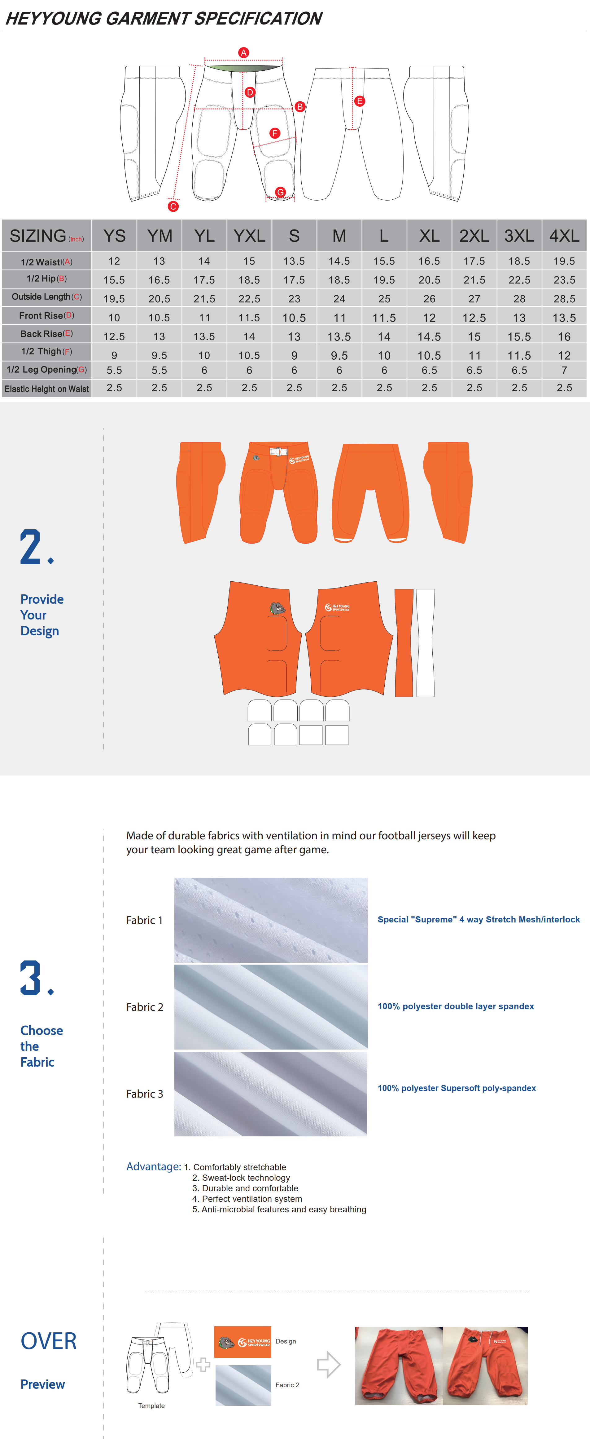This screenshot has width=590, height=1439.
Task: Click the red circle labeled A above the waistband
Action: [x=243, y=52]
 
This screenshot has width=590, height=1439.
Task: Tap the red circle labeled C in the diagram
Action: [x=173, y=206]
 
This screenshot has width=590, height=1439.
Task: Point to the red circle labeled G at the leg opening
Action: [x=280, y=192]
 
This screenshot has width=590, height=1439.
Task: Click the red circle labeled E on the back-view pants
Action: [x=360, y=101]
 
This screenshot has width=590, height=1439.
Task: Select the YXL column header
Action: [x=249, y=236]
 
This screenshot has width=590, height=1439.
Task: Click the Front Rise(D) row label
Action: [x=47, y=316]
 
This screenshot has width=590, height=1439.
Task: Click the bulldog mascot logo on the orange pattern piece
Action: [x=277, y=608]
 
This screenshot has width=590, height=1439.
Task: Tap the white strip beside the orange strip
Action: [x=425, y=642]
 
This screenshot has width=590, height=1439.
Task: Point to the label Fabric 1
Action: [x=145, y=920]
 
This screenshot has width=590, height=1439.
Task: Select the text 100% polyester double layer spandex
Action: [x=456, y=1007]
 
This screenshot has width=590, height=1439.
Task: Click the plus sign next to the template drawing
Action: [x=203, y=1365]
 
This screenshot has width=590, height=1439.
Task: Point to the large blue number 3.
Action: [x=31, y=978]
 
